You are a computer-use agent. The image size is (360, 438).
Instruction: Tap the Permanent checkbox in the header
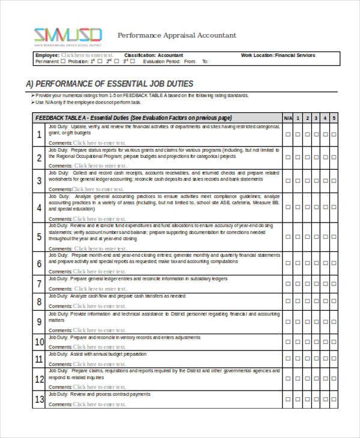tap(63, 61)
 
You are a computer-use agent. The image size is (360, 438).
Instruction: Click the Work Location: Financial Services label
tap(278, 55)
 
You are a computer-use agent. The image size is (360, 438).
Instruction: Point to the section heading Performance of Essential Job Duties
tap(109, 83)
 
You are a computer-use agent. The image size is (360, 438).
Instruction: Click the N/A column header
tap(287, 118)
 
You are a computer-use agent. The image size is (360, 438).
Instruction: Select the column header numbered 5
tap(334, 118)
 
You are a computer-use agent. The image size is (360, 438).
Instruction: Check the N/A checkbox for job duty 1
tap(287, 135)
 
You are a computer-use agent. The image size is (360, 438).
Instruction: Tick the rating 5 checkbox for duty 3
tap(334, 181)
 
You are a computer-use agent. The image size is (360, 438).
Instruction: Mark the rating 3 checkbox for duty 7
tap(316, 283)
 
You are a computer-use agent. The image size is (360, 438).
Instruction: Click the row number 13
tap(39, 398)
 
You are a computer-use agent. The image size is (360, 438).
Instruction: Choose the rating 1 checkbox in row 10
tap(297, 342)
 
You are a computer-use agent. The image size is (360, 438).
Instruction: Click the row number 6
tap(39, 263)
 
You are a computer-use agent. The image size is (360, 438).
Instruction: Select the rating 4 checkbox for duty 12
tap(325, 379)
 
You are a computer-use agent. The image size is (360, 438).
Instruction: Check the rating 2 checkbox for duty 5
tap(307, 236)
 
